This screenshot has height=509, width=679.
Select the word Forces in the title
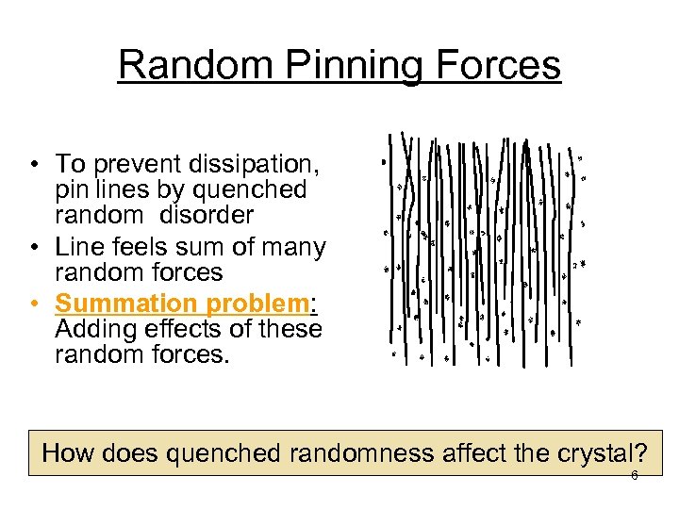[x=494, y=66]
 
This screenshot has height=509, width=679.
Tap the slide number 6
[x=634, y=476]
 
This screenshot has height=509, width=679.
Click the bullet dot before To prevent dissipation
[x=33, y=166]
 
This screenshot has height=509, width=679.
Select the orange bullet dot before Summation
[x=33, y=304]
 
